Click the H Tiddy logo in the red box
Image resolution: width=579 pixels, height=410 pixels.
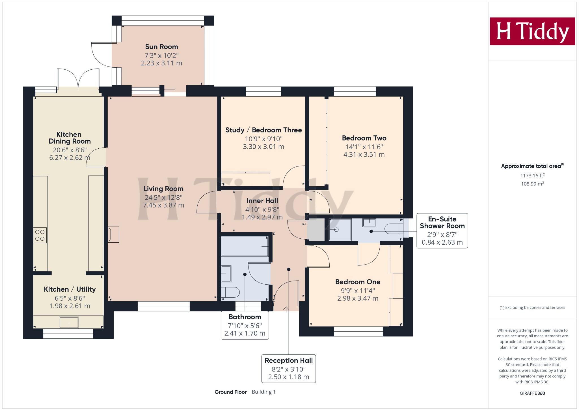532,31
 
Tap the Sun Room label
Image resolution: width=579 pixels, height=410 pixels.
161,47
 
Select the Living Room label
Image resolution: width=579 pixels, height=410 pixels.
163,189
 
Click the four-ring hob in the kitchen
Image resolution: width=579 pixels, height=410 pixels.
40,235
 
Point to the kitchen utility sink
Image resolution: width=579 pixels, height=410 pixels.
69,323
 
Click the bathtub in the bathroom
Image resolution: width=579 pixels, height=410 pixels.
245,246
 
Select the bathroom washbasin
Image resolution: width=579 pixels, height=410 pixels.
226,274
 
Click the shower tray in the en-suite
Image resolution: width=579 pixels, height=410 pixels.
340,229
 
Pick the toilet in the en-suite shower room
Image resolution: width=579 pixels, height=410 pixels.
394,229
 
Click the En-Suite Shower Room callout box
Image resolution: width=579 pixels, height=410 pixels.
442,231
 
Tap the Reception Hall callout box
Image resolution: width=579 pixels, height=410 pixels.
289,369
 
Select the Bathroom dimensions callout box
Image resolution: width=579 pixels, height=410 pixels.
245,325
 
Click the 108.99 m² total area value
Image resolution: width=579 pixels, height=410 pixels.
532,184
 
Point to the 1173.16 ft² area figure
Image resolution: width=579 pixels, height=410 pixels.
532,176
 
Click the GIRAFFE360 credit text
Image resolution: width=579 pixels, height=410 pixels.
532,393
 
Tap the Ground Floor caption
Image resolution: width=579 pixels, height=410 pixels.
231,392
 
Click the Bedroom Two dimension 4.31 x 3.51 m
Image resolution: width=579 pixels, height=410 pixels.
364,155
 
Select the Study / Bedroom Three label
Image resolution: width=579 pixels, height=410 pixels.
263,130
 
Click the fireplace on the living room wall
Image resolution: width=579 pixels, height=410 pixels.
113,234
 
